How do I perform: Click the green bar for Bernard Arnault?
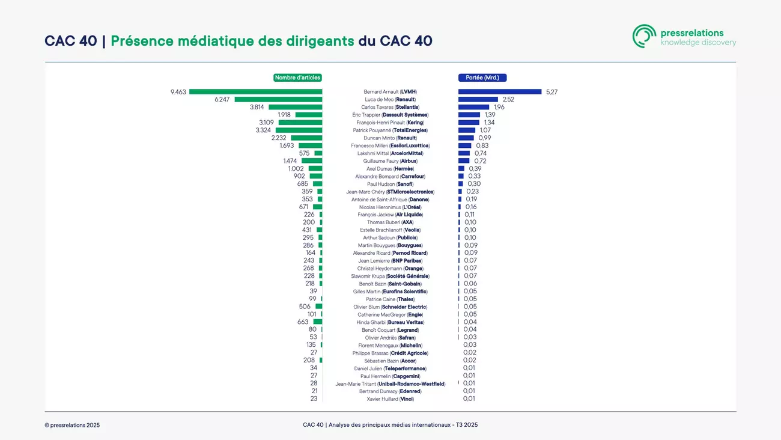(256, 92)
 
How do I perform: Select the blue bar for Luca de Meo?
(478, 100)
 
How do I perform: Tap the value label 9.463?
(178, 92)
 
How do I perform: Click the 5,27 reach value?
(552, 92)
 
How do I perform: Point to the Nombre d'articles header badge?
(297, 78)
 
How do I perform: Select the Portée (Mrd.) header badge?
(482, 78)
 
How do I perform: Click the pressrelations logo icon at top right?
(644, 37)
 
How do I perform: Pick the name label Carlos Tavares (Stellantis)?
(390, 107)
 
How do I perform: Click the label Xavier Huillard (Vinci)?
(390, 399)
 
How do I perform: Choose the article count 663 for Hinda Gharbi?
(303, 322)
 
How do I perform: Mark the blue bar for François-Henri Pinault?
(469, 123)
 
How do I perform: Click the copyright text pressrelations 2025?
(72, 425)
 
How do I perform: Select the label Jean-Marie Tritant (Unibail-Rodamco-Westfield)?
(390, 383)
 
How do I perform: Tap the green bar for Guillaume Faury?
(312, 161)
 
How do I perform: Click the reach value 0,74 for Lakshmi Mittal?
(481, 153)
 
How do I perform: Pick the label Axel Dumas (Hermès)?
(390, 169)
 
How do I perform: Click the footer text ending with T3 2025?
(390, 425)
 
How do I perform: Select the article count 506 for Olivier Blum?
(305, 307)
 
